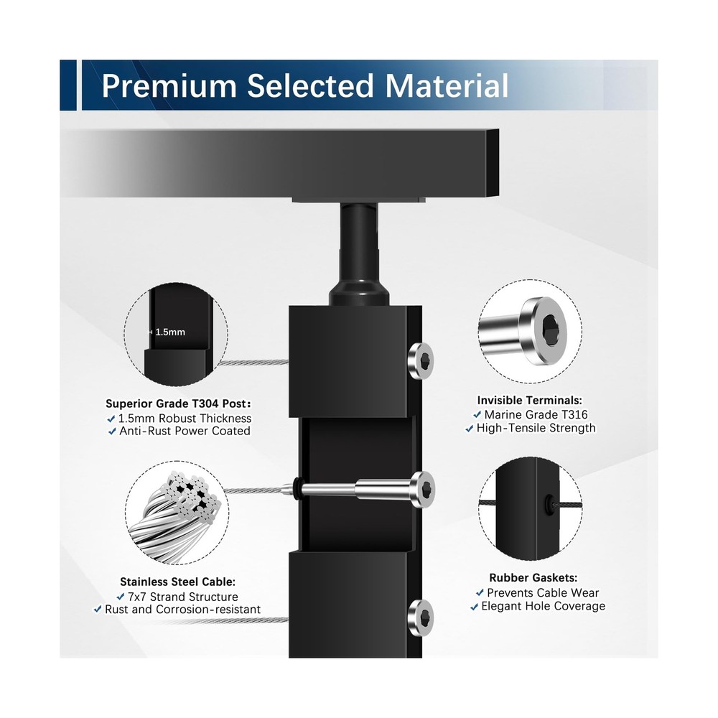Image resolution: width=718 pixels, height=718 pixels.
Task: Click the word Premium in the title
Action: coord(169,85)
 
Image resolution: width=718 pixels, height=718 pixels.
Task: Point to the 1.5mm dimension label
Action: coord(170,332)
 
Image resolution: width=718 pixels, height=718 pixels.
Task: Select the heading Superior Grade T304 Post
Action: coord(179,404)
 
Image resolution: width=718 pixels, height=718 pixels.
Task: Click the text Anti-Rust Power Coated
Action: coord(185,432)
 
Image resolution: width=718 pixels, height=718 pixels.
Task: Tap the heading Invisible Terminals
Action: coord(530,401)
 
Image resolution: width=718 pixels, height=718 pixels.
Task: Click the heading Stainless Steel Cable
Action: coord(177,582)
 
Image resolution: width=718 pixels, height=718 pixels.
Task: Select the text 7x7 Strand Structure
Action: coord(182,597)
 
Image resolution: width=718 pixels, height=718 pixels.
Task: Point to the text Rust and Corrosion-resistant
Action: coord(182,610)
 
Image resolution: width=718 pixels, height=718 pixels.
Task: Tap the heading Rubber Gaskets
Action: coord(533,577)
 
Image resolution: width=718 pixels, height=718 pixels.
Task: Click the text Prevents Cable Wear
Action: coord(542,592)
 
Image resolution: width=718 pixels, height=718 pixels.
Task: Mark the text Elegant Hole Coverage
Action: coord(543,606)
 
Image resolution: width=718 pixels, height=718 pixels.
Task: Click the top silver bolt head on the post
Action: coord(421,359)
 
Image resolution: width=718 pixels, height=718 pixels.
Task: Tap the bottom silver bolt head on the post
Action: coord(421,615)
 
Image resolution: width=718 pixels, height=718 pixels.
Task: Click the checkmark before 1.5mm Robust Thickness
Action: coord(112,419)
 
